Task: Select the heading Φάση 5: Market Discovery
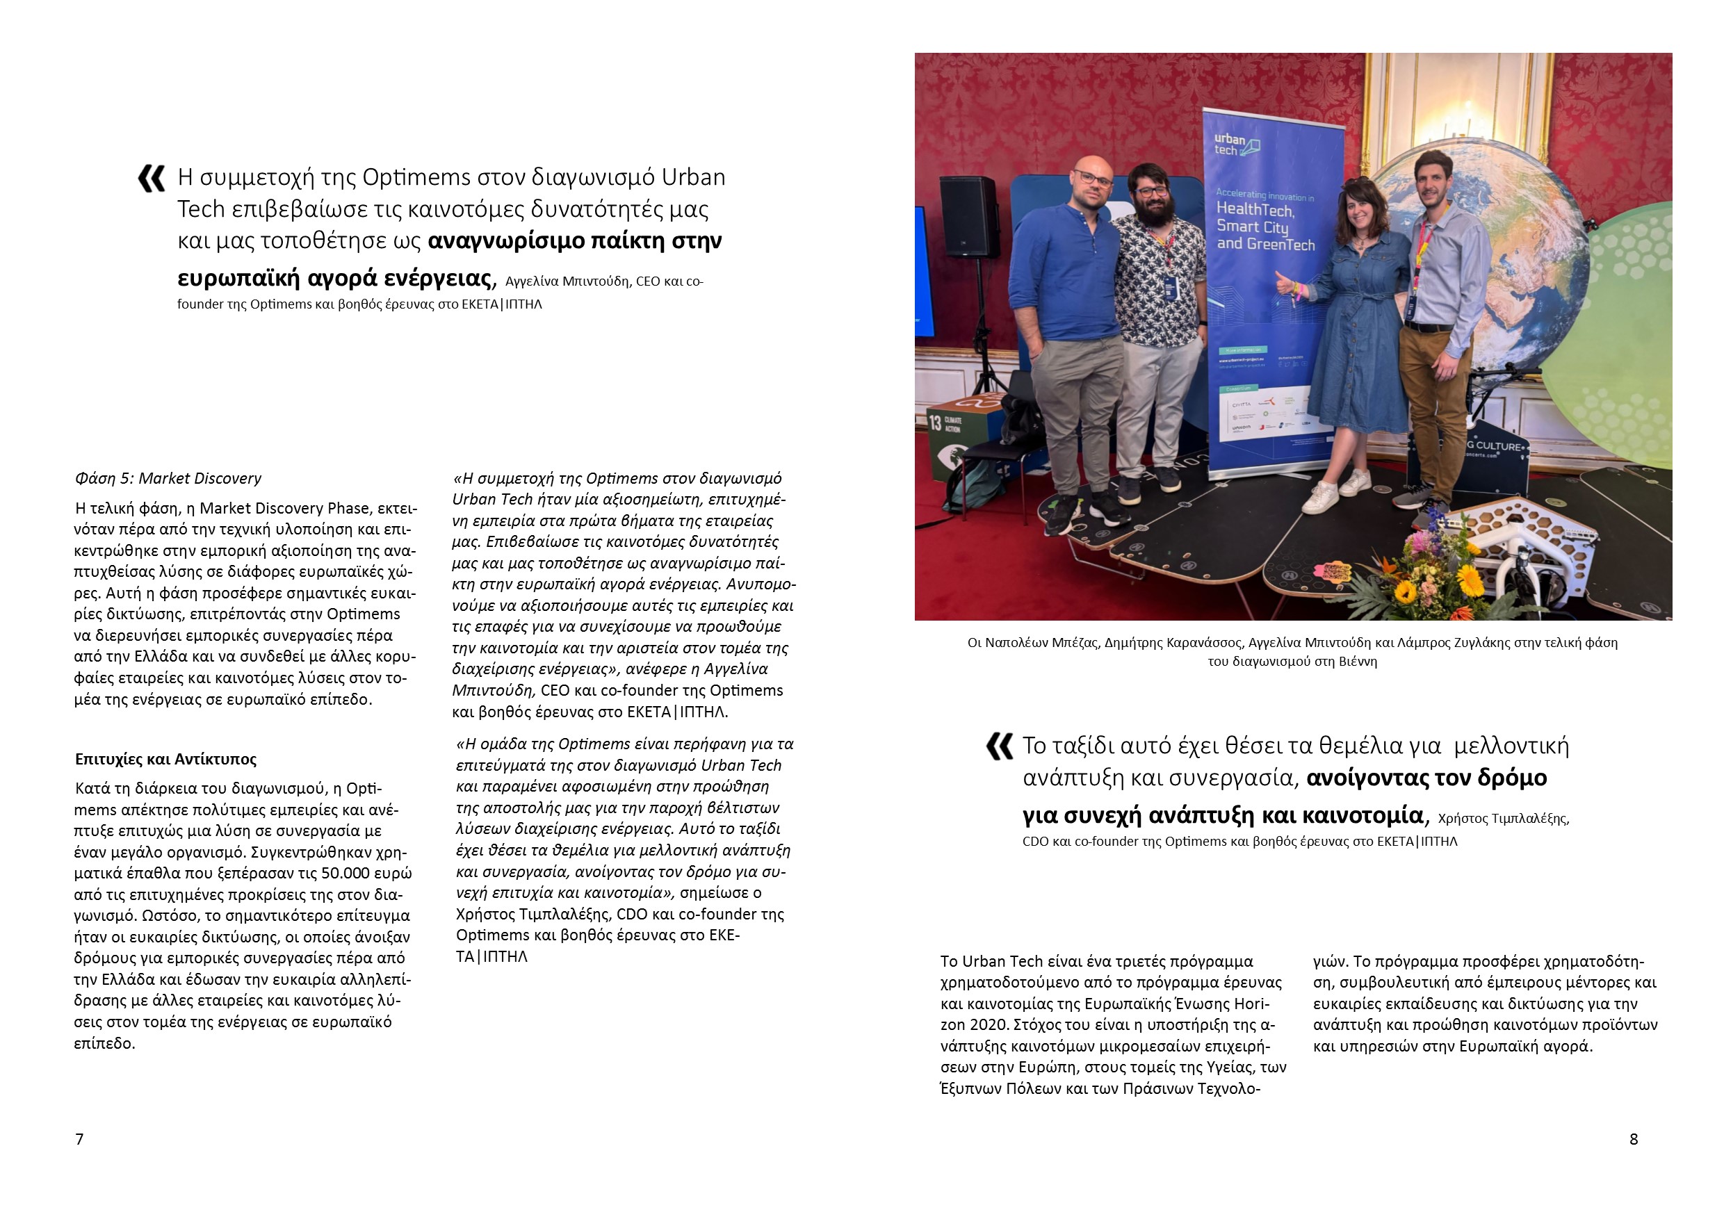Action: [x=168, y=478]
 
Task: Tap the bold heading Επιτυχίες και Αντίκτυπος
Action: [x=166, y=759]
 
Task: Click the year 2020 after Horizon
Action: [x=989, y=1024]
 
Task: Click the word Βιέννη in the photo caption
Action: [x=1356, y=662]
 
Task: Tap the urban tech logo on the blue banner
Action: [x=1235, y=144]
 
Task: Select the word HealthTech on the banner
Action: [x=1255, y=209]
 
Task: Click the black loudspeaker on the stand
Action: [x=968, y=216]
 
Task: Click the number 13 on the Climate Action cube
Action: [x=935, y=423]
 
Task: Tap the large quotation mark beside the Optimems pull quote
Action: [x=152, y=179]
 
